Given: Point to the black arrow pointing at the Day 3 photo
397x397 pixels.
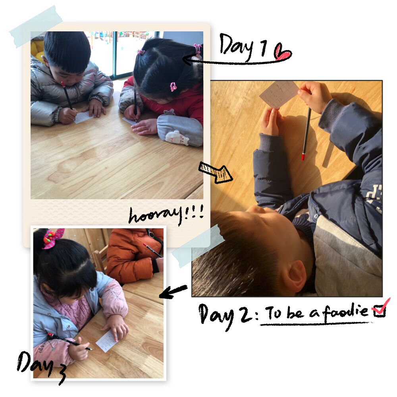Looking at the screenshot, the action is click(174, 291).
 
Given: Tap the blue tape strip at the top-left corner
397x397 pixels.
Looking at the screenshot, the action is click(36, 26).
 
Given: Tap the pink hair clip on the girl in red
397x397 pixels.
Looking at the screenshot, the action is click(173, 87).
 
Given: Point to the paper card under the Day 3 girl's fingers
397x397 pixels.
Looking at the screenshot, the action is click(107, 341).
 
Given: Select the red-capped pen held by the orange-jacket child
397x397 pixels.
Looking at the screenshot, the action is click(152, 250).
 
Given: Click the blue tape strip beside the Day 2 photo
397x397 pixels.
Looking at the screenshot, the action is click(197, 246).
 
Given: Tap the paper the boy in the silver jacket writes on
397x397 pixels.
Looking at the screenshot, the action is click(84, 117).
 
